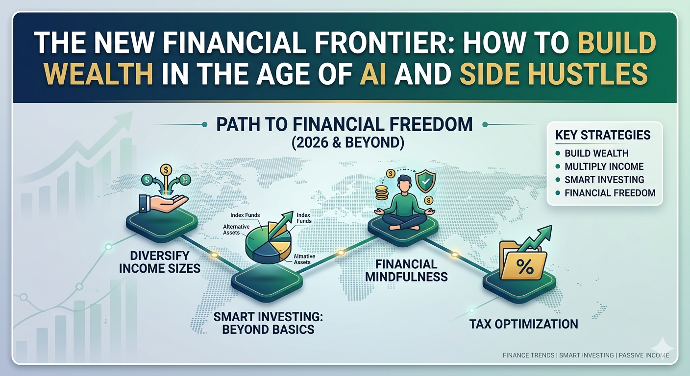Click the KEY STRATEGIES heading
(x=603, y=135)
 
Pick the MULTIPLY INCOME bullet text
(x=604, y=166)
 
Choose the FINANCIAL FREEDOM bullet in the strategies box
(x=610, y=193)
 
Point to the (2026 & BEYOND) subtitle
(x=347, y=142)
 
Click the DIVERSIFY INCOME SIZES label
(x=160, y=262)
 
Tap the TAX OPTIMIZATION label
(x=524, y=324)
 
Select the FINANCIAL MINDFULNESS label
(x=406, y=271)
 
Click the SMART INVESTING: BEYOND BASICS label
(x=268, y=323)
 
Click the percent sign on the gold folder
(x=525, y=267)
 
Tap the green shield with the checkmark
(x=425, y=182)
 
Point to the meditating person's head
(x=404, y=184)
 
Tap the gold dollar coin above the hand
(x=166, y=169)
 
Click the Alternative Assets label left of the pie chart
(x=236, y=230)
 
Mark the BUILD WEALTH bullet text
(x=596, y=153)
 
